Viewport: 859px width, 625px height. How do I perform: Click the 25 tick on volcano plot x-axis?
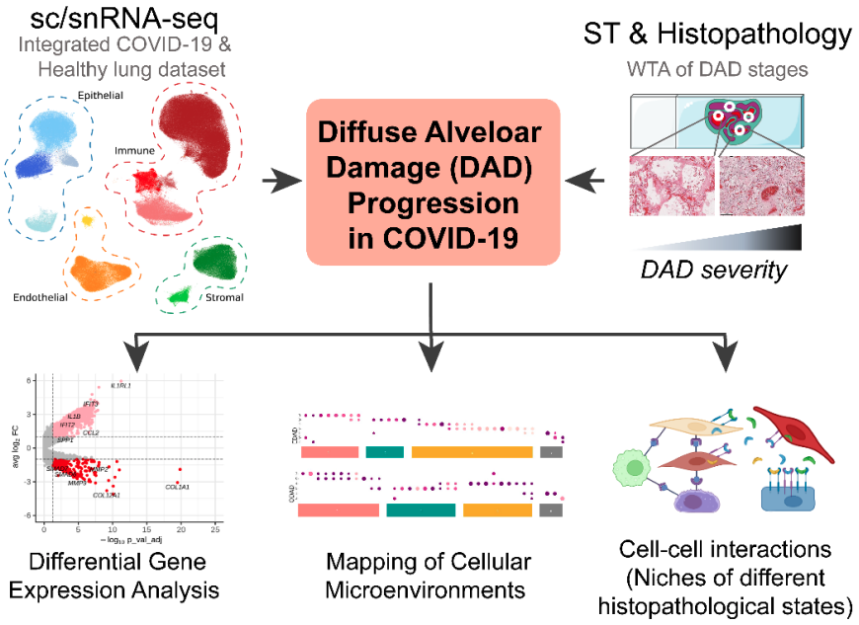(214, 531)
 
